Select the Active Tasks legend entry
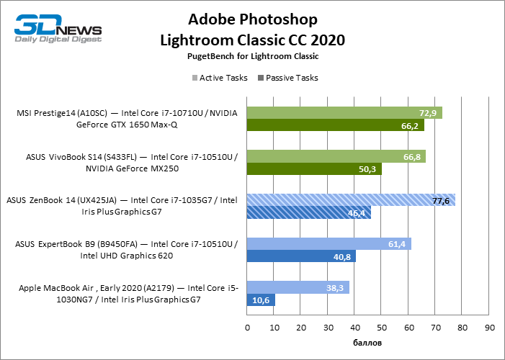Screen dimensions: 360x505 pos(219,77)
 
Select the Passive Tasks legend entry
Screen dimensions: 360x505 pos(288,77)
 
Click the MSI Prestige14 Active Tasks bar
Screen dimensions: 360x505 pos(344,113)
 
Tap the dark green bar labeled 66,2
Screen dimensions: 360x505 pos(335,126)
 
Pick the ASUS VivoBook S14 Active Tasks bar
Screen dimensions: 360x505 pos(336,156)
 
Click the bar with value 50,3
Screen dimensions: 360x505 pos(314,169)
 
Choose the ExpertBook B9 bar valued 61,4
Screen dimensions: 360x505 pos(329,244)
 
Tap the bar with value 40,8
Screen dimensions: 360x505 pos(301,256)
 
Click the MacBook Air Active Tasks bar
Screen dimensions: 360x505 pos(298,287)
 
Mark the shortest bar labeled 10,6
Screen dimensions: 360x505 pos(261,300)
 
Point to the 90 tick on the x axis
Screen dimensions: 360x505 pos(490,328)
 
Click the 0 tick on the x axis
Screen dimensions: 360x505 pos(247,328)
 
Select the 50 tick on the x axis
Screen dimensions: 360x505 pos(382,328)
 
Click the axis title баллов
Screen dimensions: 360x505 pos(367,342)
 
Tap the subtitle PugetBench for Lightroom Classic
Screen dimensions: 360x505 pos(252,55)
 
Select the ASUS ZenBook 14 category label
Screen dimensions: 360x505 pos(127,207)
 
